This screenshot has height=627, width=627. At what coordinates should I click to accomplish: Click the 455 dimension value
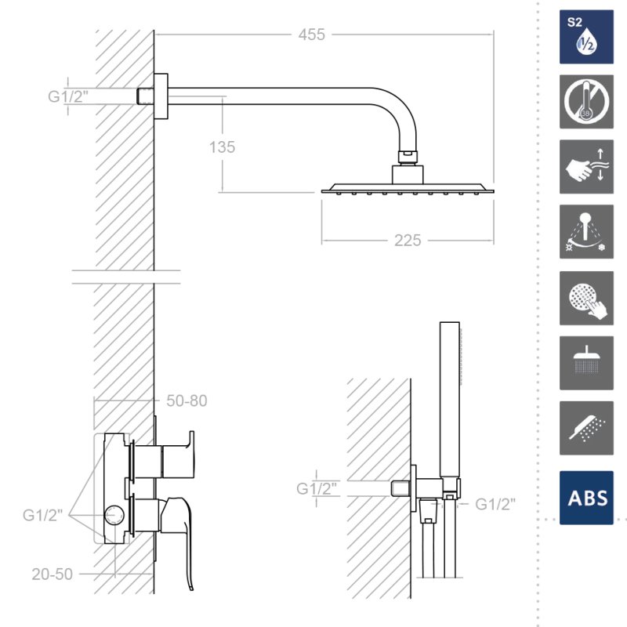coord(311,34)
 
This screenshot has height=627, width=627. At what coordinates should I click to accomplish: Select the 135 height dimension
coord(223,147)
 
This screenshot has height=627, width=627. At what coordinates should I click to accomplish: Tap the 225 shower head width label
coord(408,241)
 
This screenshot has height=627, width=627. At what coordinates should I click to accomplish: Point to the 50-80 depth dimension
coord(187,400)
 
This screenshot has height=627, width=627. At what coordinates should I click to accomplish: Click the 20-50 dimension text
coord(52,574)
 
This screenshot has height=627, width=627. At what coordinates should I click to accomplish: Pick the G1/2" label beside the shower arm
coord(68,96)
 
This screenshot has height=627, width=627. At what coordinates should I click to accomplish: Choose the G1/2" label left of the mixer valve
coord(43,515)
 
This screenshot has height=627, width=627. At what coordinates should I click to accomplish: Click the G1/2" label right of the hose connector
coord(495,504)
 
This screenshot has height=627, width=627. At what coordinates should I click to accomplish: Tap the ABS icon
coord(586,498)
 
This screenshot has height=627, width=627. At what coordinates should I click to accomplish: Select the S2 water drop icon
coord(586,37)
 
